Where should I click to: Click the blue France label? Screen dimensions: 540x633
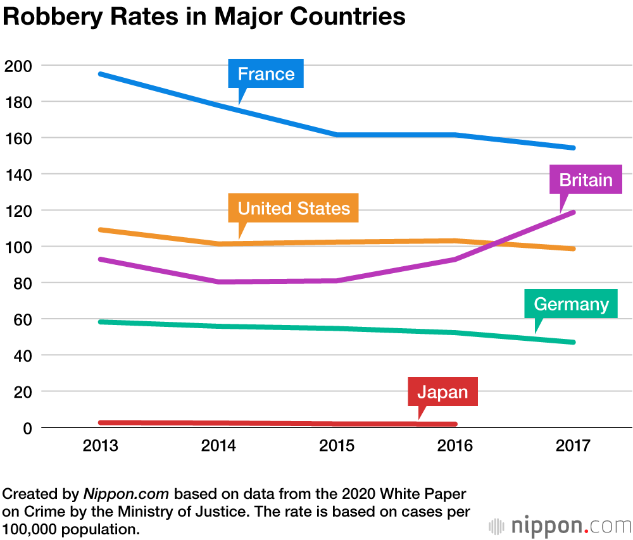(x=266, y=74)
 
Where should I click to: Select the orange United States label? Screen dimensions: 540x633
(x=294, y=209)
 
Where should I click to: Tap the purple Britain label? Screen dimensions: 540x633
(x=586, y=180)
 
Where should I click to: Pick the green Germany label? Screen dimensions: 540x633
(x=571, y=304)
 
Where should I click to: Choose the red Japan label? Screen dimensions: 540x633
(x=442, y=392)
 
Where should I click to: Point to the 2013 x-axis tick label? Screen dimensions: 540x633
(x=101, y=446)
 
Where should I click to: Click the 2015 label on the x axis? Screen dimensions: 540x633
(x=337, y=446)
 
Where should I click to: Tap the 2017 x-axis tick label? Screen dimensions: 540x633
(x=573, y=446)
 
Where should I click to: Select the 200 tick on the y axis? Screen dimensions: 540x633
(x=18, y=66)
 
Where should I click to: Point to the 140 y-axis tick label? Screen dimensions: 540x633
(x=18, y=175)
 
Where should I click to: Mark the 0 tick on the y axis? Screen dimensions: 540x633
(x=27, y=428)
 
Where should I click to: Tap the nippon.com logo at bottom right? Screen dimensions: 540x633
(x=560, y=525)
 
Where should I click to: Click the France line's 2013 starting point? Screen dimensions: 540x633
(x=101, y=74)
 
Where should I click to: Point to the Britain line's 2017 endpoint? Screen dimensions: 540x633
(x=573, y=212)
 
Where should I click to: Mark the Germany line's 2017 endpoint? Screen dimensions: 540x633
(x=573, y=342)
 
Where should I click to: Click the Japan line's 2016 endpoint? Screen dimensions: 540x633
(x=454, y=424)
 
